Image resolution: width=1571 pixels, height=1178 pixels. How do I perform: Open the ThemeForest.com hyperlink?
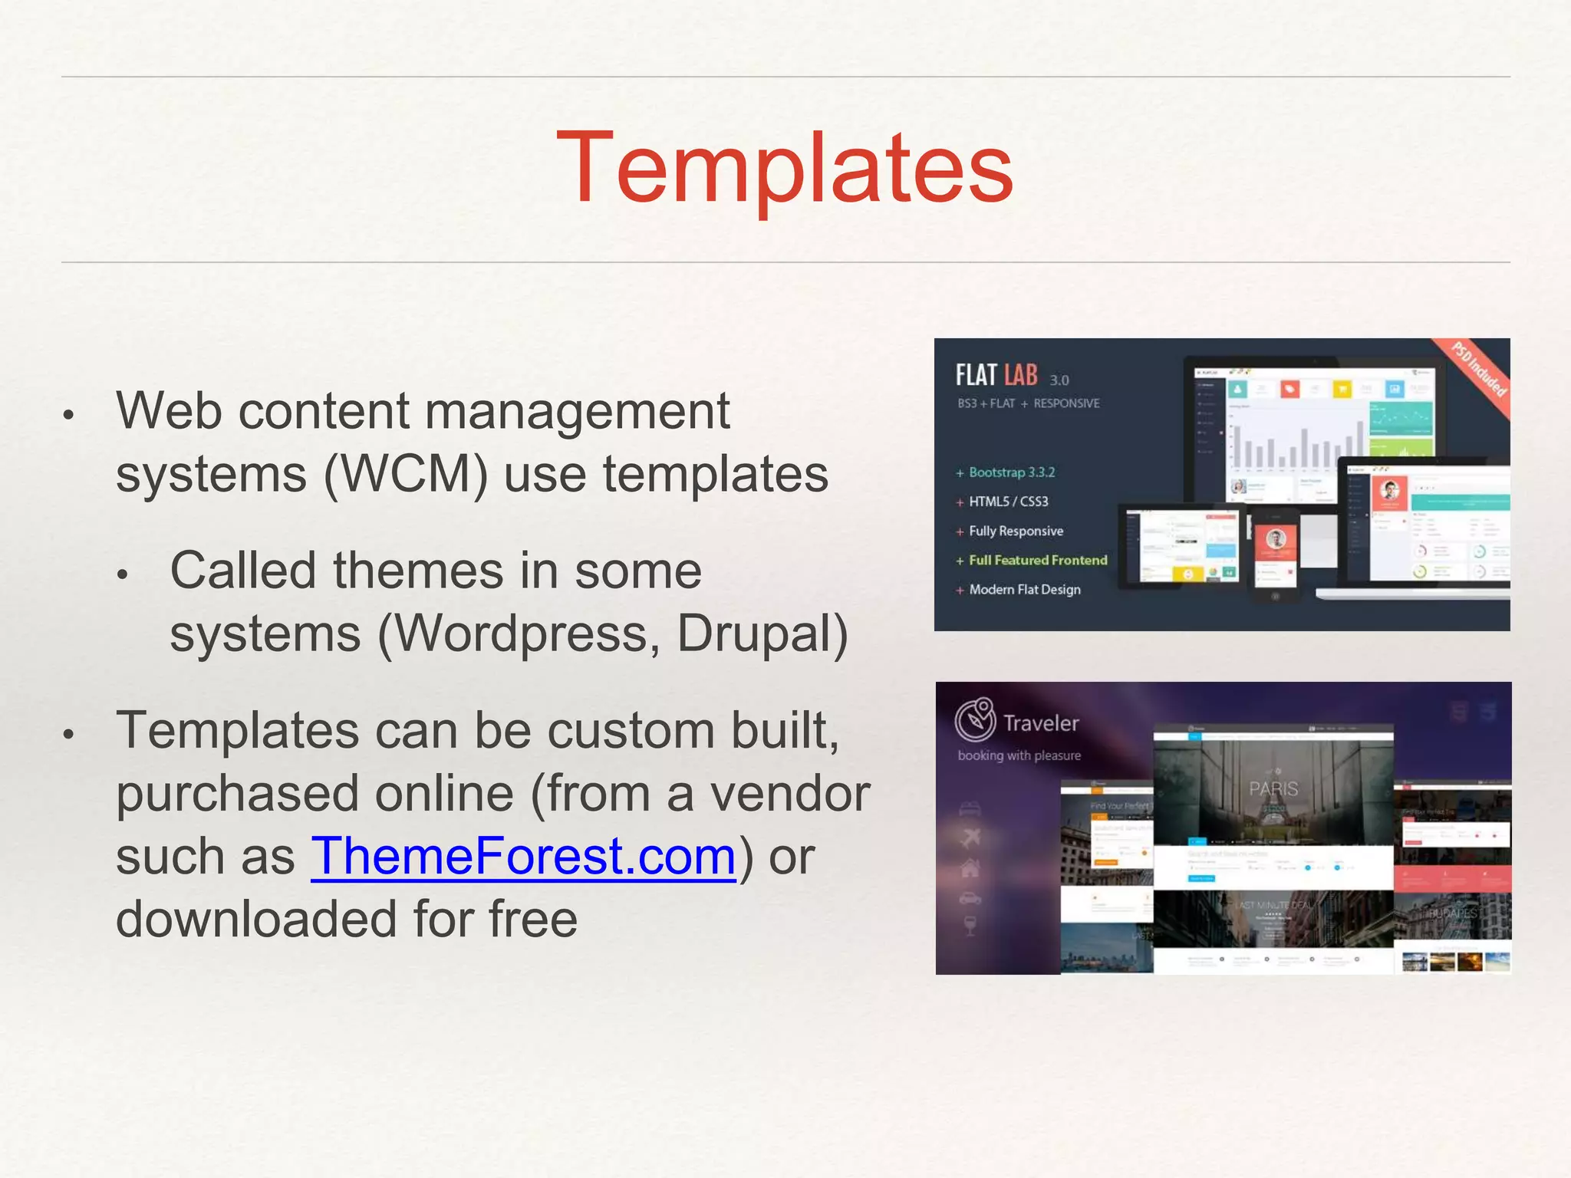pos(523,857)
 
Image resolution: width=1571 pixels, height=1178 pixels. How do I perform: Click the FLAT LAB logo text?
pos(996,375)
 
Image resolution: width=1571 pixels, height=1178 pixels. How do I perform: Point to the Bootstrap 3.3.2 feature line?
pos(1010,472)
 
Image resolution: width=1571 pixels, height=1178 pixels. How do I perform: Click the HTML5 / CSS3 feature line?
pos(1007,502)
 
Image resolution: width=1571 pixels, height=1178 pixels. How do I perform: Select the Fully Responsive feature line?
pos(1015,531)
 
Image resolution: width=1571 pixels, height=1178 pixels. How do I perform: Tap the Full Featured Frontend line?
pos(1037,561)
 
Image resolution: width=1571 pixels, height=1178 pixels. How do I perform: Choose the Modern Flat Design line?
pos(1024,590)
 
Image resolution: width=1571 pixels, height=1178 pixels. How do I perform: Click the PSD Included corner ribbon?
pos(1480,370)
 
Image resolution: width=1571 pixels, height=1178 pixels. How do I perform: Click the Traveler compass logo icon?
pos(975,719)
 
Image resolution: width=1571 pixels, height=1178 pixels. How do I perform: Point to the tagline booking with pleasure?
pos(1019,755)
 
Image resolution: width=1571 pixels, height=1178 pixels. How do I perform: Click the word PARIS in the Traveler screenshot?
pos(1273,788)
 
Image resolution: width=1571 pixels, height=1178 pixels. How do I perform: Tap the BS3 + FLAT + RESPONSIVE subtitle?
pos(1028,403)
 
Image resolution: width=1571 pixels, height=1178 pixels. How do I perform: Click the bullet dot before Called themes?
pos(123,574)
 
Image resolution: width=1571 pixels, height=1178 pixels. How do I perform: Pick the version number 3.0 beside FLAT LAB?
pos(1059,380)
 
